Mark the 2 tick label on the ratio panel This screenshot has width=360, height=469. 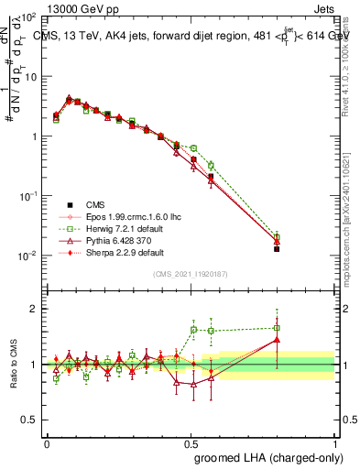(36, 310)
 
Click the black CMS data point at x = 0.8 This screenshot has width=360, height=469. (277, 248)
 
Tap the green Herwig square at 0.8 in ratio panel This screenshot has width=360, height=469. (277, 328)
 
